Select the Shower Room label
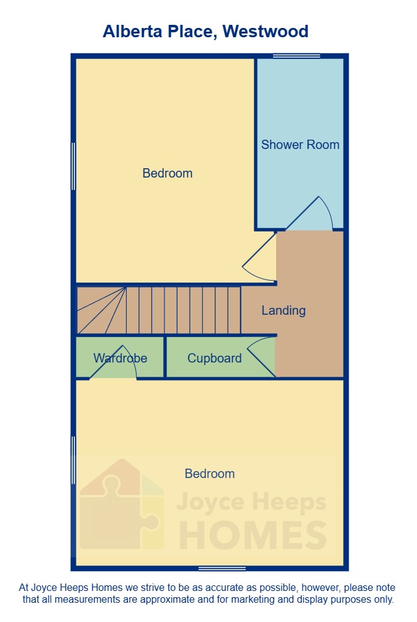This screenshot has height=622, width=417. point(300,145)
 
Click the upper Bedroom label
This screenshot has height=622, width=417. point(168,173)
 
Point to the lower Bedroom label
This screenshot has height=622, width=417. point(210,474)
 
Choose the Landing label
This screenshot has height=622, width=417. point(284,310)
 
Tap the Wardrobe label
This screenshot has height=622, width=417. point(120,358)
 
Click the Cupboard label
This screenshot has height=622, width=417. point(215,358)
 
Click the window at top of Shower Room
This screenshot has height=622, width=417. point(297,56)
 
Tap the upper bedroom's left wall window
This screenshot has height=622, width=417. point(73,166)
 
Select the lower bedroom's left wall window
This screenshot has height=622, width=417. point(73,460)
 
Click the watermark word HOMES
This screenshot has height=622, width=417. point(253,533)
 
